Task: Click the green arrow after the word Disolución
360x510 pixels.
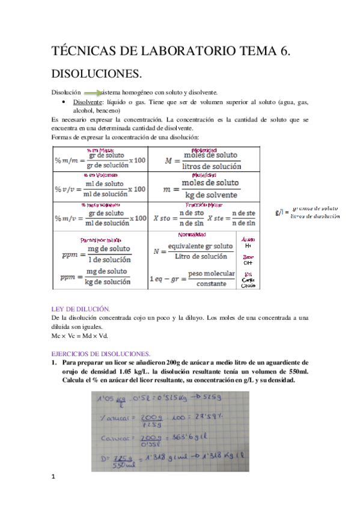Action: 91,93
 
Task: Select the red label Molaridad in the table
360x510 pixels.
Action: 203,150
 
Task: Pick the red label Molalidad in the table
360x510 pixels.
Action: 203,174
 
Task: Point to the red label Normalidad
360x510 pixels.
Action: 193,234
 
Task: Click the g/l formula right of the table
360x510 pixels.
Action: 307,212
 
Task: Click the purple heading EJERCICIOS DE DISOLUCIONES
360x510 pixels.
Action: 100,353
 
